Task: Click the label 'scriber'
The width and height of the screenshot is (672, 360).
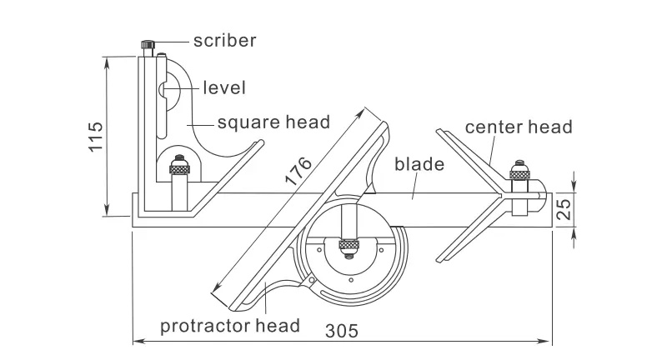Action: (x=224, y=40)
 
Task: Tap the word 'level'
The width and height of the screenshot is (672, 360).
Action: (x=224, y=87)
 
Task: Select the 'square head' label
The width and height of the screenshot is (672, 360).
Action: (x=273, y=122)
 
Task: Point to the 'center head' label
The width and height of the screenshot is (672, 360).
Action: (x=519, y=127)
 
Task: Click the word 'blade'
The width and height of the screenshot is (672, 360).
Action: (x=419, y=164)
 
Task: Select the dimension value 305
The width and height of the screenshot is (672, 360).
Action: (x=343, y=331)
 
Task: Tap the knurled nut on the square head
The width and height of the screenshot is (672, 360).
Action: (x=179, y=170)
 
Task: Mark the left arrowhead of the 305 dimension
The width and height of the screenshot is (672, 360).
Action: (x=138, y=341)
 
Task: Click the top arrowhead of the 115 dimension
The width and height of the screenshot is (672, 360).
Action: (x=108, y=60)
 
